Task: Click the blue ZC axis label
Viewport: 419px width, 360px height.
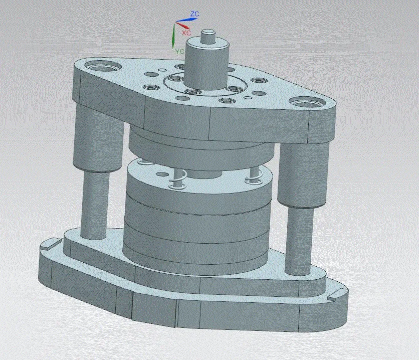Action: click(x=195, y=14)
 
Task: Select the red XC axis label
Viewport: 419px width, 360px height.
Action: click(x=186, y=32)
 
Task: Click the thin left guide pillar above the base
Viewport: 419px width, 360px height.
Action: click(x=94, y=206)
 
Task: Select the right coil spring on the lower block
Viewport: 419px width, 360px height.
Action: click(x=253, y=176)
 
